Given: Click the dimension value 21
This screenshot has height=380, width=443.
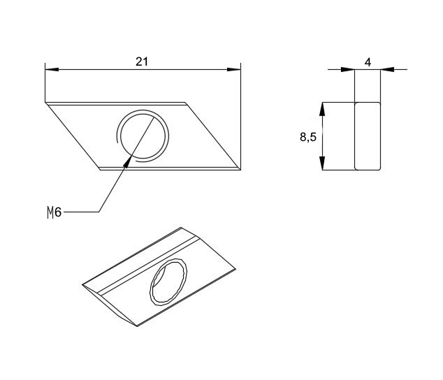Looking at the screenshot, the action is [142, 61].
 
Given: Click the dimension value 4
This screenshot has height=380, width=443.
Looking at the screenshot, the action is [368, 62].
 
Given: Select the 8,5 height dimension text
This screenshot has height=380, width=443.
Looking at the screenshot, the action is [308, 138].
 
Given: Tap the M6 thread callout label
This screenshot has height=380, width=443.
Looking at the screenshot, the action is [55, 212].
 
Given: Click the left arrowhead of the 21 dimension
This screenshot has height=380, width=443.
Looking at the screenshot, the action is [52, 69].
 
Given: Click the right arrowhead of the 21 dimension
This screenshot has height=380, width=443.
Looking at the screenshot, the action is [234, 69].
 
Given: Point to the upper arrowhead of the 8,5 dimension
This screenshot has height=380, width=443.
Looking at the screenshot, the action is [321, 109].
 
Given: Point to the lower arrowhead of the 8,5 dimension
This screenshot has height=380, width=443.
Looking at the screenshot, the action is [321, 163].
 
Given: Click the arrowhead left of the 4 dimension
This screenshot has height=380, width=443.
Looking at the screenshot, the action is [348, 69].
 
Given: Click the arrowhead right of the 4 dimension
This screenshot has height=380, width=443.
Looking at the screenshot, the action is [387, 69].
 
